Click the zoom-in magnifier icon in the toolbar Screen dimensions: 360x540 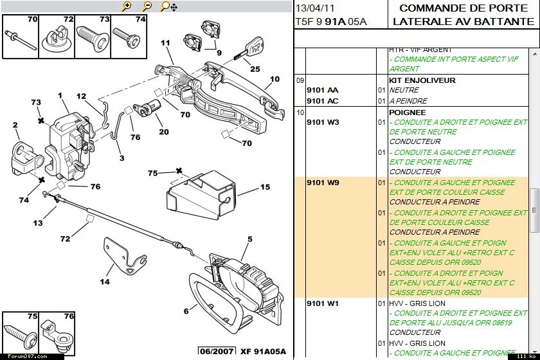coord(127,6)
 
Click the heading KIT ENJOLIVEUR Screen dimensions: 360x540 coord(422,80)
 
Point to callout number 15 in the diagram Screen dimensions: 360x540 coord(265,188)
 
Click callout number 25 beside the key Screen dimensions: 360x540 coord(255,69)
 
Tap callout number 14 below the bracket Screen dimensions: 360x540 coord(104,282)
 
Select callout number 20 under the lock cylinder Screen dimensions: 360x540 coord(163,132)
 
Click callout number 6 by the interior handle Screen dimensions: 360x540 coord(186,311)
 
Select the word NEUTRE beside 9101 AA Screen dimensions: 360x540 coord(404,91)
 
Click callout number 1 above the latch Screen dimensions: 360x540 coord(60,96)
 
